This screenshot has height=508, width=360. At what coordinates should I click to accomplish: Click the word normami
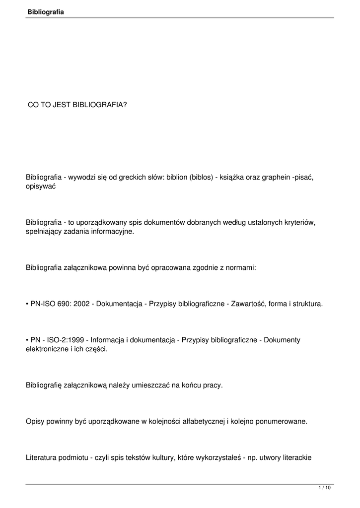(x=241, y=267)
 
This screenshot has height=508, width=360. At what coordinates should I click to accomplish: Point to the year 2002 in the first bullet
(x=80, y=304)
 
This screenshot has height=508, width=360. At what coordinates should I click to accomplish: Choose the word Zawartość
(x=247, y=304)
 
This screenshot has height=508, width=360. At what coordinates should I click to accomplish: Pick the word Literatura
(x=42, y=458)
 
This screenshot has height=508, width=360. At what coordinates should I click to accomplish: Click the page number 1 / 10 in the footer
(x=325, y=488)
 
